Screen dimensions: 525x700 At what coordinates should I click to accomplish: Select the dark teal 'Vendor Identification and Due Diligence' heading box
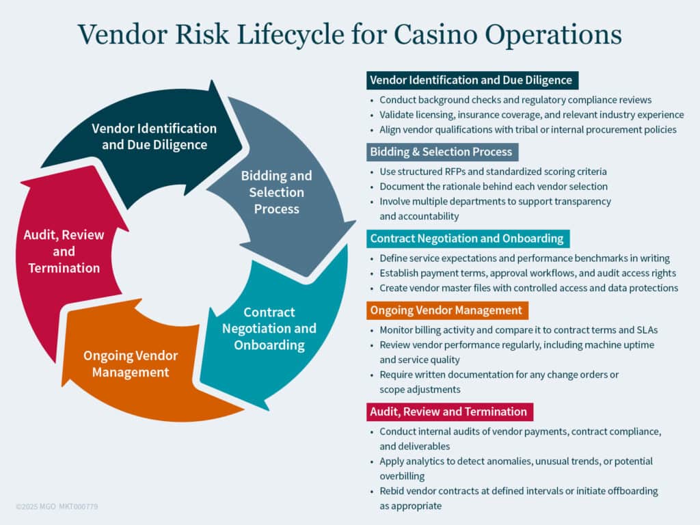(472, 80)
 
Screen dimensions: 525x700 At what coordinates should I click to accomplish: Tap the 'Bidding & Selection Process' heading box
(441, 151)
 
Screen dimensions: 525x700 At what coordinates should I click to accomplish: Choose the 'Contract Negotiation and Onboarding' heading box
(468, 239)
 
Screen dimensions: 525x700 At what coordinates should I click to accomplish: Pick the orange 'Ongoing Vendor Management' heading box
(447, 310)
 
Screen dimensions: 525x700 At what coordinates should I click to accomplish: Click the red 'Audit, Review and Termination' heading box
(449, 412)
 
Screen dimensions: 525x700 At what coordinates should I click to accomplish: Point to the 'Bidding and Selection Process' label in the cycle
(276, 192)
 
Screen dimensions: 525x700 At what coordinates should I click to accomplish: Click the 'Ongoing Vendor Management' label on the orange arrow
(131, 364)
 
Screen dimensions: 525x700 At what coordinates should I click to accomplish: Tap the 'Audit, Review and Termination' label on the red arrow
(64, 251)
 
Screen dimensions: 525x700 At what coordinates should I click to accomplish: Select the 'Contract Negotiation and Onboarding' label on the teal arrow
(269, 328)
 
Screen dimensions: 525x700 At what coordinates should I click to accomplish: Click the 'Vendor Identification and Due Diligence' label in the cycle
(154, 136)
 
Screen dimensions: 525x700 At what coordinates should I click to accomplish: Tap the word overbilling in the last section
(403, 476)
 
